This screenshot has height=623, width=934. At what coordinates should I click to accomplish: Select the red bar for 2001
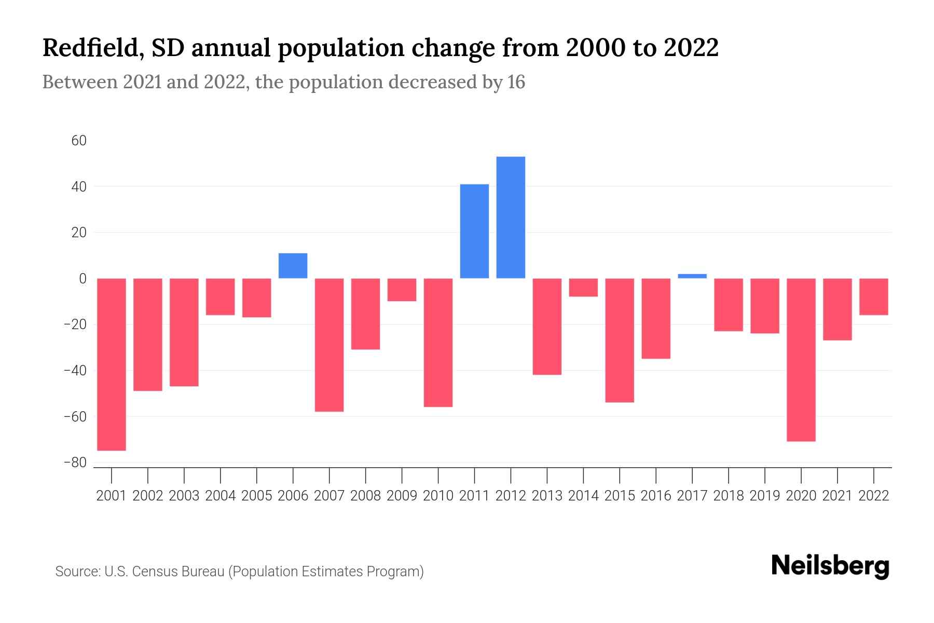click(x=112, y=364)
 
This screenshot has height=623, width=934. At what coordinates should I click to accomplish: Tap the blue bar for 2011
click(x=474, y=231)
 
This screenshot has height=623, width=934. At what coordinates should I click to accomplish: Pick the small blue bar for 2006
click(x=293, y=266)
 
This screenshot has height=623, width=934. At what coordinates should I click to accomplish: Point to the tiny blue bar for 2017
click(x=692, y=276)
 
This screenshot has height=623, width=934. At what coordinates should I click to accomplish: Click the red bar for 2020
click(x=801, y=360)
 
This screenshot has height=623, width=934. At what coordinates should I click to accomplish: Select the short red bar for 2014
click(x=583, y=288)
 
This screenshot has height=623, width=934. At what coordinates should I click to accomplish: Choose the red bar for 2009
click(x=402, y=290)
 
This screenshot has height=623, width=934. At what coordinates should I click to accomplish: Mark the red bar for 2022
click(x=874, y=296)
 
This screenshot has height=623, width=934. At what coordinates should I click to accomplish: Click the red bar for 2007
click(x=329, y=345)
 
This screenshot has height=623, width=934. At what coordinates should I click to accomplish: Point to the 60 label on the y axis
click(x=79, y=141)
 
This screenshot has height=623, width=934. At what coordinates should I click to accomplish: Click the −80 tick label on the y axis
click(x=75, y=463)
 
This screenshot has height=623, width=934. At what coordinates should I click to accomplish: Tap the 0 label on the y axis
click(x=83, y=279)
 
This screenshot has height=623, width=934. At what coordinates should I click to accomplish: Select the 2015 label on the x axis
click(x=620, y=496)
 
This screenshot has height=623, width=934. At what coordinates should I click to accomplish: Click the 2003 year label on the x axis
click(x=184, y=496)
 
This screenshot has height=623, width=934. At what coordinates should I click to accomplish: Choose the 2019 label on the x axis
click(x=765, y=496)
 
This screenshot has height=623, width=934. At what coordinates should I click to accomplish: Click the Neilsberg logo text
click(x=830, y=566)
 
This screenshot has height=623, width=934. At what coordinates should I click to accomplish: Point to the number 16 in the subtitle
click(x=516, y=82)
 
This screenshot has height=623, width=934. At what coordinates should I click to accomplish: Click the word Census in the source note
click(x=154, y=572)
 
